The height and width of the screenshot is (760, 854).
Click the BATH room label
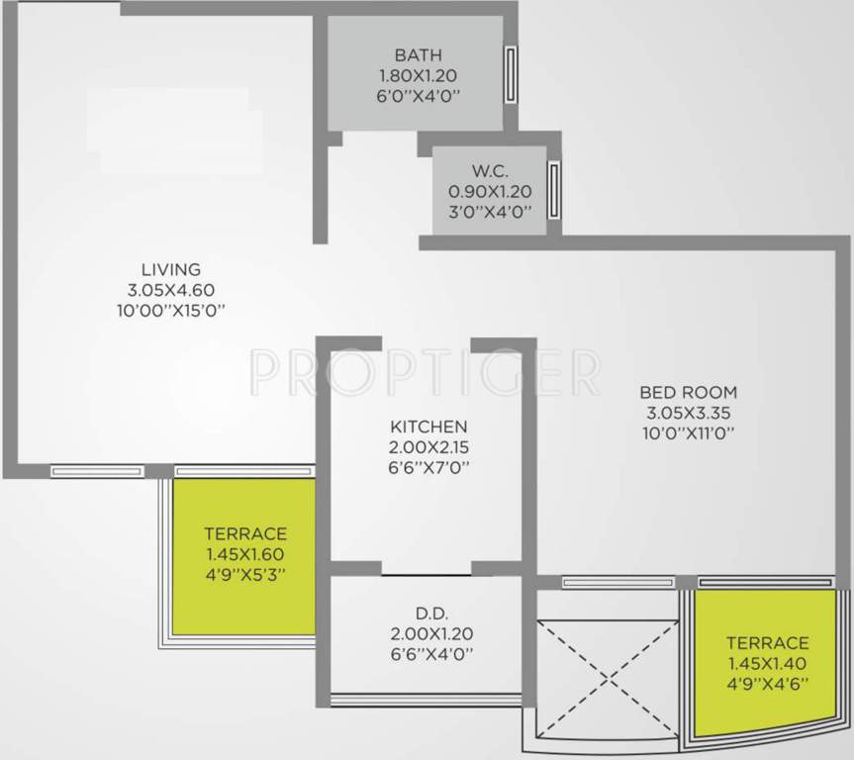point(418,54)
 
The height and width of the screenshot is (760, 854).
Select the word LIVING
point(171,269)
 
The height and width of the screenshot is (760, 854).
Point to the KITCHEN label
point(427,427)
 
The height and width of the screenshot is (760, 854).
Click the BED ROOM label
point(689,392)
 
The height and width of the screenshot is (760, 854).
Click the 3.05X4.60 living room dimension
point(171,290)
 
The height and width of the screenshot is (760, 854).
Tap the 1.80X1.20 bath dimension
point(418,75)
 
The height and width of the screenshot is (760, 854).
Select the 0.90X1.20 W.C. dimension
point(491,191)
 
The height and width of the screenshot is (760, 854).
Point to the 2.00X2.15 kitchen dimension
point(427,448)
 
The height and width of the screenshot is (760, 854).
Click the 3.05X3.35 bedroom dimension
point(689,413)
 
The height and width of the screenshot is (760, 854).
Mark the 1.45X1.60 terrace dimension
point(245,554)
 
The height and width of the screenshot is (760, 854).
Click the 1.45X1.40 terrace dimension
point(767,664)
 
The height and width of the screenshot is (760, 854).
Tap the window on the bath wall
point(511,73)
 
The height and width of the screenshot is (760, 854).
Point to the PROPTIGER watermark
point(426,370)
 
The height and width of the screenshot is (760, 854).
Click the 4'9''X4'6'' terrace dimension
point(767,685)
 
